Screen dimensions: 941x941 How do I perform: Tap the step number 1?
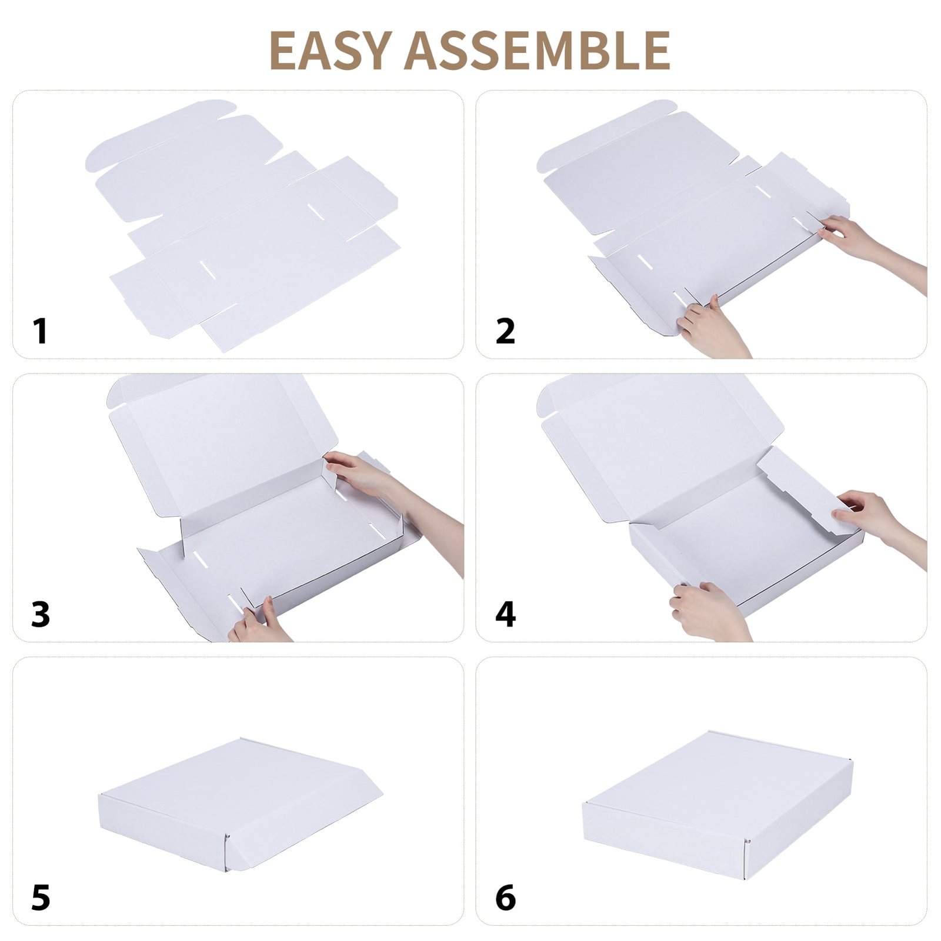[x=40, y=331]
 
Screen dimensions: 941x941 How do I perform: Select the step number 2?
[x=505, y=331]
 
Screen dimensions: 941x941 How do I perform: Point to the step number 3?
[x=41, y=614]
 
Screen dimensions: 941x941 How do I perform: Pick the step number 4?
[x=505, y=614]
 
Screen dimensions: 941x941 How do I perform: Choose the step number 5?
[x=41, y=897]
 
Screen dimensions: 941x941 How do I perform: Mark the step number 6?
[x=505, y=897]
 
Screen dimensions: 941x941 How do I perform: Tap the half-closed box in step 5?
[x=240, y=805]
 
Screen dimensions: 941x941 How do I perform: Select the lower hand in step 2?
[x=712, y=329]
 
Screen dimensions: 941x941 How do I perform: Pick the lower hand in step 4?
[x=709, y=612]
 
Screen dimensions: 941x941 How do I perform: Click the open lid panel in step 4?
[x=662, y=447]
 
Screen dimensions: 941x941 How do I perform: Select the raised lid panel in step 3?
[x=223, y=441]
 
